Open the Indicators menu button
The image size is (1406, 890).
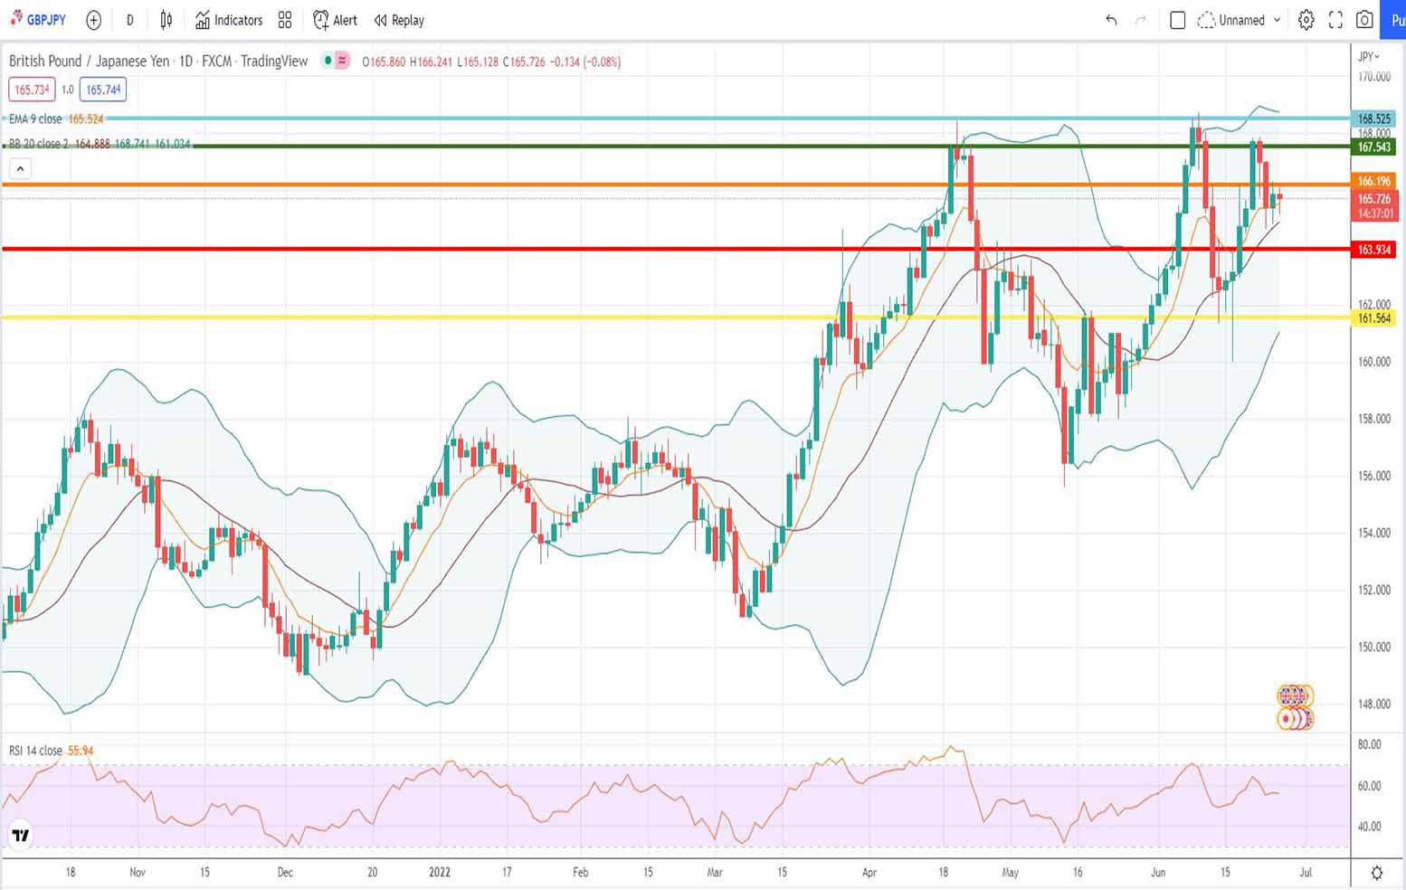point(229,20)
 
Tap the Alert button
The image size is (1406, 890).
point(335,20)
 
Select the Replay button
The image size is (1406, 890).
point(399,20)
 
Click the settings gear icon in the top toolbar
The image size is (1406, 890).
point(1306,20)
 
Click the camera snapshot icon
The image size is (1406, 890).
point(1363,20)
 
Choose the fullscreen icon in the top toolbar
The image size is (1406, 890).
point(1335,20)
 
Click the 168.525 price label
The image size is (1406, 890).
point(1373,118)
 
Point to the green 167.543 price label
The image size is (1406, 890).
point(1373,147)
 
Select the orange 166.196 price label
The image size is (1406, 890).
point(1373,181)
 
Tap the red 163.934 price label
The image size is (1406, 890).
point(1373,250)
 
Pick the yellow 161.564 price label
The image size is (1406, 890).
point(1373,318)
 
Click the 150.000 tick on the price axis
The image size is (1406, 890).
point(1373,647)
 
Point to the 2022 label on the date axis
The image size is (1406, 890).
point(439,872)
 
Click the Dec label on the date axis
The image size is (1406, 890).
point(285,872)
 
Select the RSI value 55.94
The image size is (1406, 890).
point(81,751)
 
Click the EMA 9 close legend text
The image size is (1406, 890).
point(35,118)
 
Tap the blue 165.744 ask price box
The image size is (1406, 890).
point(103,90)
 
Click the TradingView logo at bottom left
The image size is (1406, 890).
point(20,836)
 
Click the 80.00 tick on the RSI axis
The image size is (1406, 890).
point(1369,744)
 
